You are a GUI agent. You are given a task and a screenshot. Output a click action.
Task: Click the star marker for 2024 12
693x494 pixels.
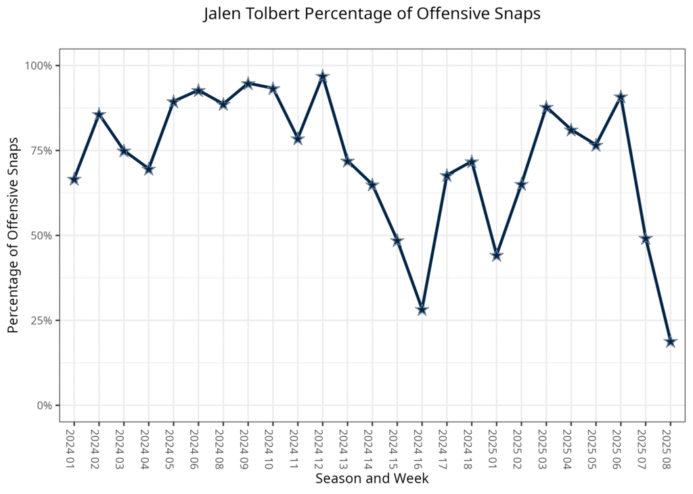pyautogui.click(x=322, y=76)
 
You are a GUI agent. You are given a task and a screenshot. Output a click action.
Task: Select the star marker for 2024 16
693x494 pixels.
pyautogui.click(x=422, y=310)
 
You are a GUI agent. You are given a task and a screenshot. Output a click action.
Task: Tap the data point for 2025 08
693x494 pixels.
pyautogui.click(x=670, y=342)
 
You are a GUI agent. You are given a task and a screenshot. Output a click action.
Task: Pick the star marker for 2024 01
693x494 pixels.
pyautogui.click(x=74, y=179)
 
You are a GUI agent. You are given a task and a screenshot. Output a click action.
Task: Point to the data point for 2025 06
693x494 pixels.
pyautogui.click(x=621, y=97)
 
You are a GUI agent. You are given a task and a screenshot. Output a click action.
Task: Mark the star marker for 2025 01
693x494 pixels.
pyautogui.click(x=496, y=255)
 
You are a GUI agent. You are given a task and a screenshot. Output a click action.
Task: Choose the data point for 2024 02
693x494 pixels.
pyautogui.click(x=99, y=114)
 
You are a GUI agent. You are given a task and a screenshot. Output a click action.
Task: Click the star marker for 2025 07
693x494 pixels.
pyautogui.click(x=646, y=239)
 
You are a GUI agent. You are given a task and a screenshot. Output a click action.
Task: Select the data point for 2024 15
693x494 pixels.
pyautogui.click(x=397, y=241)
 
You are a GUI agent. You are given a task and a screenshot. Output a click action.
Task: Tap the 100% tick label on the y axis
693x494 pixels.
pyautogui.click(x=39, y=66)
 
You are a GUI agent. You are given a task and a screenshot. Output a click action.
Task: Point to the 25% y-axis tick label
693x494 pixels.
pyautogui.click(x=41, y=320)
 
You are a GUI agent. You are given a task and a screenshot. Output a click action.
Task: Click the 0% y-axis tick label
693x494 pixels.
pyautogui.click(x=44, y=405)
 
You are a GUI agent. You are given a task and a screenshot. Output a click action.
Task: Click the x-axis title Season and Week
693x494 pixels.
pyautogui.click(x=372, y=478)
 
